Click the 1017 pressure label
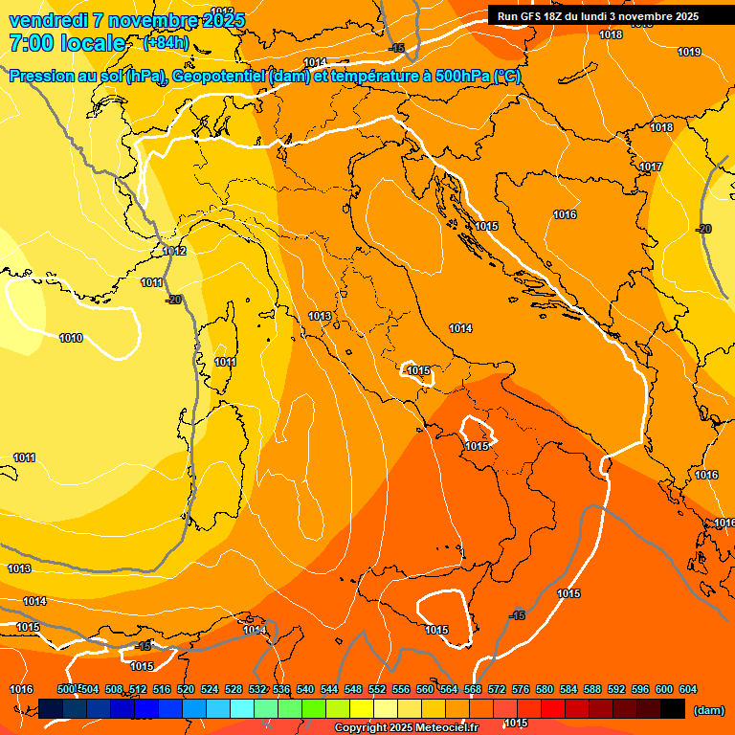tap(651, 167)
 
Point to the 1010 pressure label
tap(71, 338)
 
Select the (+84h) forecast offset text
tap(166, 43)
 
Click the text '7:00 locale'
tap(67, 43)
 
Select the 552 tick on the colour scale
tap(377, 689)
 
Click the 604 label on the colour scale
tap(687, 689)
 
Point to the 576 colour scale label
tap(521, 689)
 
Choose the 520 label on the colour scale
tap(186, 689)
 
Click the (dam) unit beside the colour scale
tap(708, 710)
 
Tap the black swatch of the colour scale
tap(673, 708)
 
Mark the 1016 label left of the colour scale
tap(21, 689)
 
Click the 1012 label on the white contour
tap(174, 251)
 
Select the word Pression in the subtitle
tap(44, 77)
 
